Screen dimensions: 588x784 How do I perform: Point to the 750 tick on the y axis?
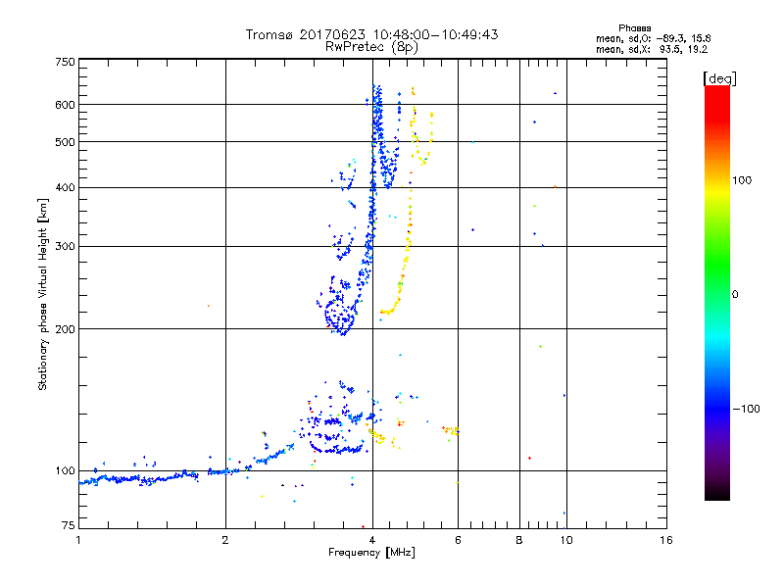pos(65,62)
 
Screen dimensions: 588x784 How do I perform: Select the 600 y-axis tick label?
pos(65,105)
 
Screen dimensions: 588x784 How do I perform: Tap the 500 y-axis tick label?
pos(65,142)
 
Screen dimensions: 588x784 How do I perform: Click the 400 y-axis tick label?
pos(65,188)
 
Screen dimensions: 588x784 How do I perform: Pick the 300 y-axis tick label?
pos(65,247)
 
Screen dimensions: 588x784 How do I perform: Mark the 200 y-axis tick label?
pos(65,329)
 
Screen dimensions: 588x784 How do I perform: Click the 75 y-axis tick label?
pos(68,526)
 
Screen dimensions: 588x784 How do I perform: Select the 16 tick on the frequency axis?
pos(666,541)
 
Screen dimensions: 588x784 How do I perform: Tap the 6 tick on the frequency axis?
pos(458,541)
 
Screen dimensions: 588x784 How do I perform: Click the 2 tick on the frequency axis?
pos(225,541)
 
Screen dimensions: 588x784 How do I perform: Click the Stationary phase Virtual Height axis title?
pos(43,294)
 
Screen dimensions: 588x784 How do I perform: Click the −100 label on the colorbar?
pos(748,409)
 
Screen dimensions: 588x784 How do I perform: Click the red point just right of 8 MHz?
pos(529,458)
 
